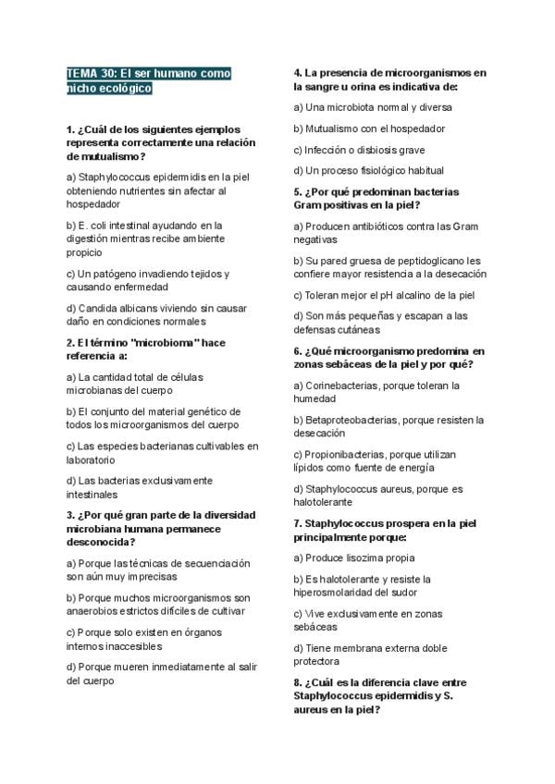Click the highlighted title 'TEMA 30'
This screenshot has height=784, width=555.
click(92, 72)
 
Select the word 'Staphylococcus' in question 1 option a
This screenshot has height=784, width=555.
click(116, 177)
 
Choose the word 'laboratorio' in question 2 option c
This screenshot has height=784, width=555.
click(91, 459)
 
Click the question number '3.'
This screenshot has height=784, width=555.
click(71, 515)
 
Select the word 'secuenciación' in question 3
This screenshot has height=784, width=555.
click(217, 563)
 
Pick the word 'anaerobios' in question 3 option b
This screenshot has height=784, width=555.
click(92, 610)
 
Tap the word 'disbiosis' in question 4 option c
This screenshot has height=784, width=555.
click(378, 150)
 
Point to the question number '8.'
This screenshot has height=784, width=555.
click(298, 681)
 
